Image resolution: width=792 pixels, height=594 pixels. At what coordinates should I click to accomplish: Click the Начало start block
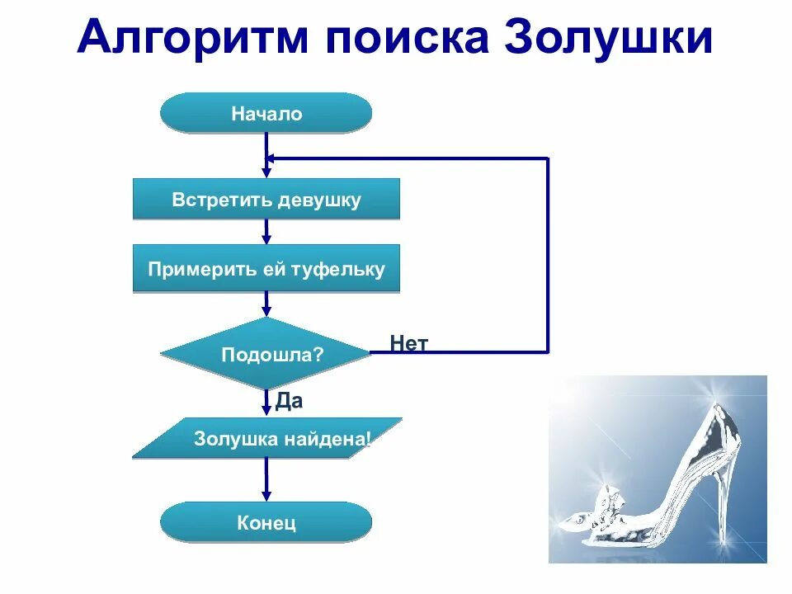266,113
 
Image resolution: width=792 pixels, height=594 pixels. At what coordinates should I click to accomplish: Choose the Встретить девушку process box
266,200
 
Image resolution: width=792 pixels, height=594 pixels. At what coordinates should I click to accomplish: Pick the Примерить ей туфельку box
266,269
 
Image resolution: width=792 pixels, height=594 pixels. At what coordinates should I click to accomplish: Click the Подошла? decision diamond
266,354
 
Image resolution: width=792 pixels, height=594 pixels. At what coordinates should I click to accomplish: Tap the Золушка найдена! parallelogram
266,438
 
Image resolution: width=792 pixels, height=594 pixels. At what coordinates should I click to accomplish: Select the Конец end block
266,522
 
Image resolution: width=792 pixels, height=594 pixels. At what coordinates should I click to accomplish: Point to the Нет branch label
409,343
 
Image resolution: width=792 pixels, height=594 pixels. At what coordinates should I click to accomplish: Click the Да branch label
289,401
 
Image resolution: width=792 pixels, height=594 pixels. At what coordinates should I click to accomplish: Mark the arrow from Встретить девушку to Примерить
266,231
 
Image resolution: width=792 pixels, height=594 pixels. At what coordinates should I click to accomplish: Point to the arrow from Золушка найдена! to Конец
266,479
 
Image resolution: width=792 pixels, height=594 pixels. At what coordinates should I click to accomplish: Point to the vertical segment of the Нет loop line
548,255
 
